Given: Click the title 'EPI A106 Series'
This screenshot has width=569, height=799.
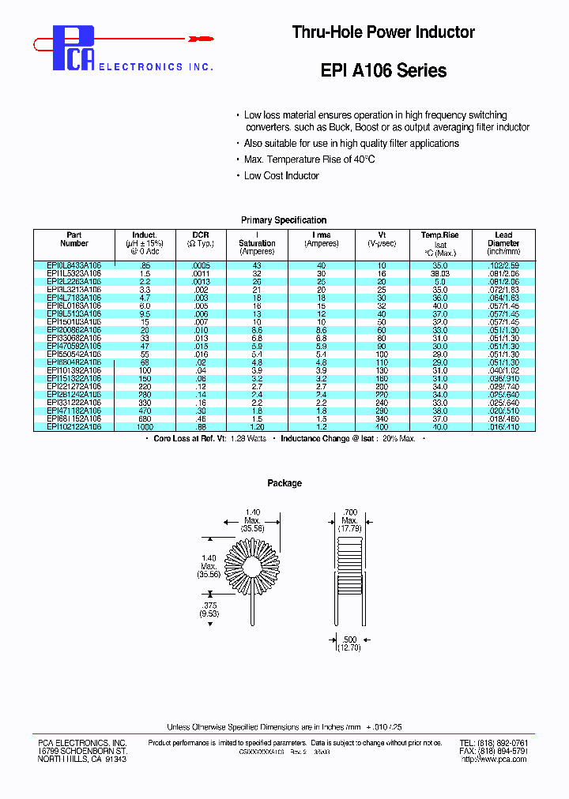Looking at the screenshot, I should pyautogui.click(x=383, y=71).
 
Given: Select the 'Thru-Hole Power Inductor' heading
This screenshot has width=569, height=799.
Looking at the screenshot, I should pyautogui.click(x=383, y=32).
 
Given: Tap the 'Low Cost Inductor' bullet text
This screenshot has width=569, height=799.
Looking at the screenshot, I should pyautogui.click(x=281, y=176).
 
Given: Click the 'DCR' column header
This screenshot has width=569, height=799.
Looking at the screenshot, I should pyautogui.click(x=200, y=239).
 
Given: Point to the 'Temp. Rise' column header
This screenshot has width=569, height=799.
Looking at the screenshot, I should pyautogui.click(x=440, y=235).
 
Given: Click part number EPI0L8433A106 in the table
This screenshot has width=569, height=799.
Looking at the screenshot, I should pyautogui.click(x=74, y=265).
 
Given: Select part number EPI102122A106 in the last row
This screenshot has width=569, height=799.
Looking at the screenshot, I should pyautogui.click(x=74, y=426).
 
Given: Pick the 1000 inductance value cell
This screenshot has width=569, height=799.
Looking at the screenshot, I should pyautogui.click(x=144, y=426).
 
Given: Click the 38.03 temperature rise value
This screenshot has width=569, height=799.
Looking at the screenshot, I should pyautogui.click(x=440, y=273).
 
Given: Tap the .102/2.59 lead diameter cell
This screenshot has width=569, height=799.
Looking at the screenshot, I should pyautogui.click(x=503, y=265).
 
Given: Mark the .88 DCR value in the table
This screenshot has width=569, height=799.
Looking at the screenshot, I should pyautogui.click(x=200, y=426).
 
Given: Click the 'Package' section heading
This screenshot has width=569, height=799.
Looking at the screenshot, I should pyautogui.click(x=284, y=483).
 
